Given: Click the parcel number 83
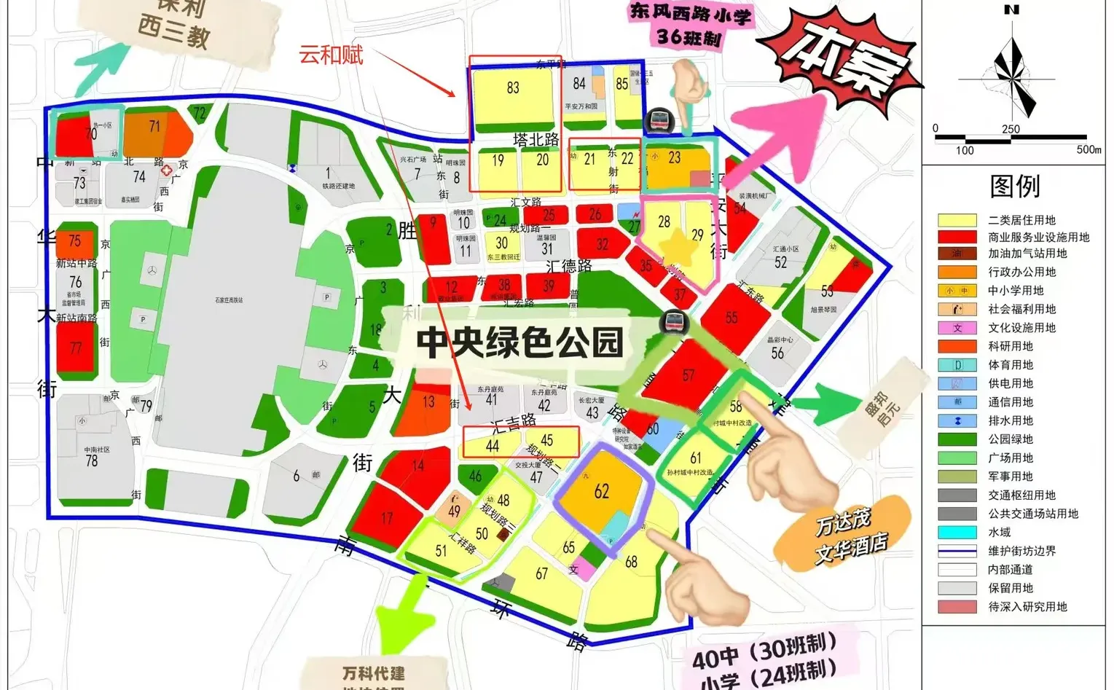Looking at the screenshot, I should tap(513, 88).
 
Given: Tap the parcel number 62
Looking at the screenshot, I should tap(601, 492).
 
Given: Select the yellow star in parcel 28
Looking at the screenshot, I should tap(678, 245).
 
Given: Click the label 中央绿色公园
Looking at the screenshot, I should tap(520, 342).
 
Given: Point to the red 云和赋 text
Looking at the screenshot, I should tap(331, 55).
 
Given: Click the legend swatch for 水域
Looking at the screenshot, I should tap(957, 533).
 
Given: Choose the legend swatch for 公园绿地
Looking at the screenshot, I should tap(957, 439).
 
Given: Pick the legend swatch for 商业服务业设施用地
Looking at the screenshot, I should tap(957, 237).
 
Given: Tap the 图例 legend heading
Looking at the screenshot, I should tap(1015, 187).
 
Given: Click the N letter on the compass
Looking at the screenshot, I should tap(1011, 10).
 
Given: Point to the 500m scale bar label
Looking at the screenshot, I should tap(1088, 149).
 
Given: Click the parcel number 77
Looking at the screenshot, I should tap(76, 348).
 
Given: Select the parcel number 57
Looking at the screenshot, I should tap(689, 376).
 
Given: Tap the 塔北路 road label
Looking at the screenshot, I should tap(536, 140).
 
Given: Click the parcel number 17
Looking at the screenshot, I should tap(387, 518).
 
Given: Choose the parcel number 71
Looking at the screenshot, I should tap(154, 127).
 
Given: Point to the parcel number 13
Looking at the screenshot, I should tap(428, 401).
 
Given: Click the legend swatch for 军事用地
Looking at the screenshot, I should tap(957, 477).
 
